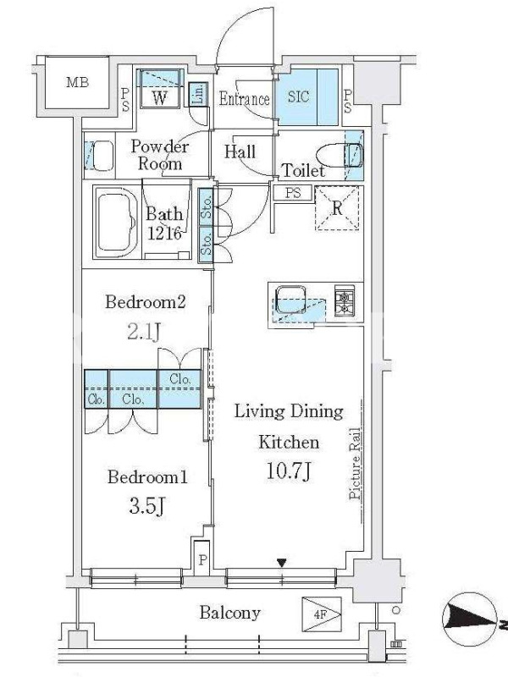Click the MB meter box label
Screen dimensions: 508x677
[78, 81]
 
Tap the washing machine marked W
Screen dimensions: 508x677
[159, 97]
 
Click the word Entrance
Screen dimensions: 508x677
[244, 99]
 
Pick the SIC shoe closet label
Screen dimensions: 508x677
[299, 96]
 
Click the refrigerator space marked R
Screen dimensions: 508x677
[337, 208]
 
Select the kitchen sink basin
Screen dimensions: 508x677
[291, 300]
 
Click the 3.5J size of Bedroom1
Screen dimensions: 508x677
[146, 506]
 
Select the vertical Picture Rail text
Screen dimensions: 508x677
[355, 464]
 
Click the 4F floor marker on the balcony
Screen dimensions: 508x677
[322, 614]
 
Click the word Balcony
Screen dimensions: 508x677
[229, 613]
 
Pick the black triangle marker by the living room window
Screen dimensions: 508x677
[282, 563]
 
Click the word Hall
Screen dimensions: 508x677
[240, 151]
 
